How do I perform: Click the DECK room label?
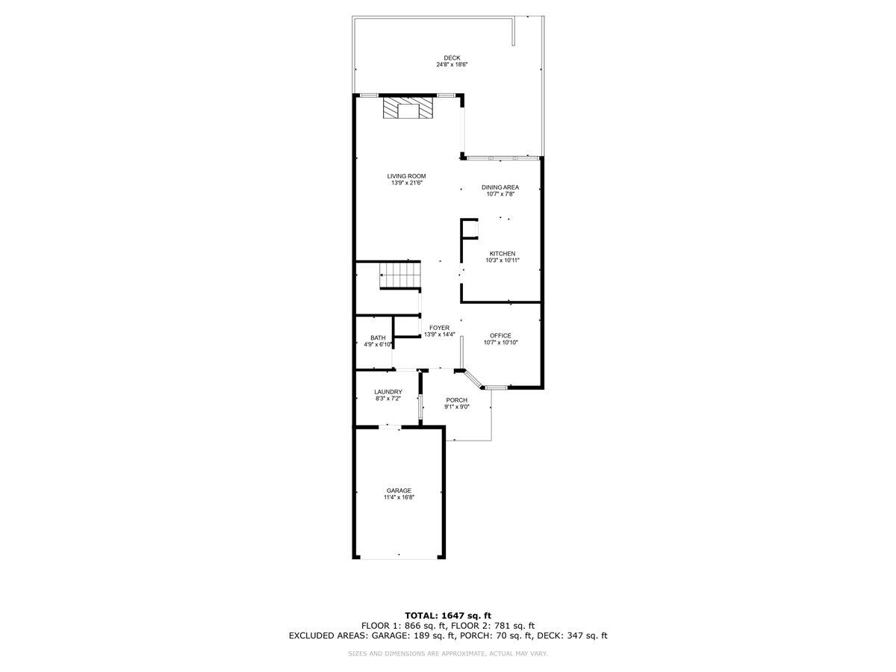click(x=452, y=57)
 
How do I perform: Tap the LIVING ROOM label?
click(x=406, y=176)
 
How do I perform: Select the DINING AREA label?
click(x=500, y=187)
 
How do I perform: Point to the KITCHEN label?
click(x=502, y=254)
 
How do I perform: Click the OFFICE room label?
click(x=500, y=335)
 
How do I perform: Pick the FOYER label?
click(x=439, y=328)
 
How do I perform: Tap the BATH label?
click(x=378, y=337)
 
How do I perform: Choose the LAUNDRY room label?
click(x=388, y=392)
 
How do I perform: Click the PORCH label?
click(x=456, y=400)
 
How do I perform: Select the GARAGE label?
click(x=399, y=491)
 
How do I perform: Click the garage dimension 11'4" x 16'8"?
click(x=399, y=497)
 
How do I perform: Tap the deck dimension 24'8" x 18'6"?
click(x=452, y=65)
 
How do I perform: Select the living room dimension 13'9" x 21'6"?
click(x=406, y=183)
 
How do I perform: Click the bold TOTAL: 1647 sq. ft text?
click(x=448, y=615)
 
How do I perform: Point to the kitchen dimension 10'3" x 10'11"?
click(x=502, y=261)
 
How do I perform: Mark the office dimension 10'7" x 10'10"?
click(x=500, y=343)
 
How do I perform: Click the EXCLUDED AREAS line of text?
click(x=448, y=636)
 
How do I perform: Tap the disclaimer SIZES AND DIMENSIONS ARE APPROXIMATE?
click(x=448, y=654)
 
